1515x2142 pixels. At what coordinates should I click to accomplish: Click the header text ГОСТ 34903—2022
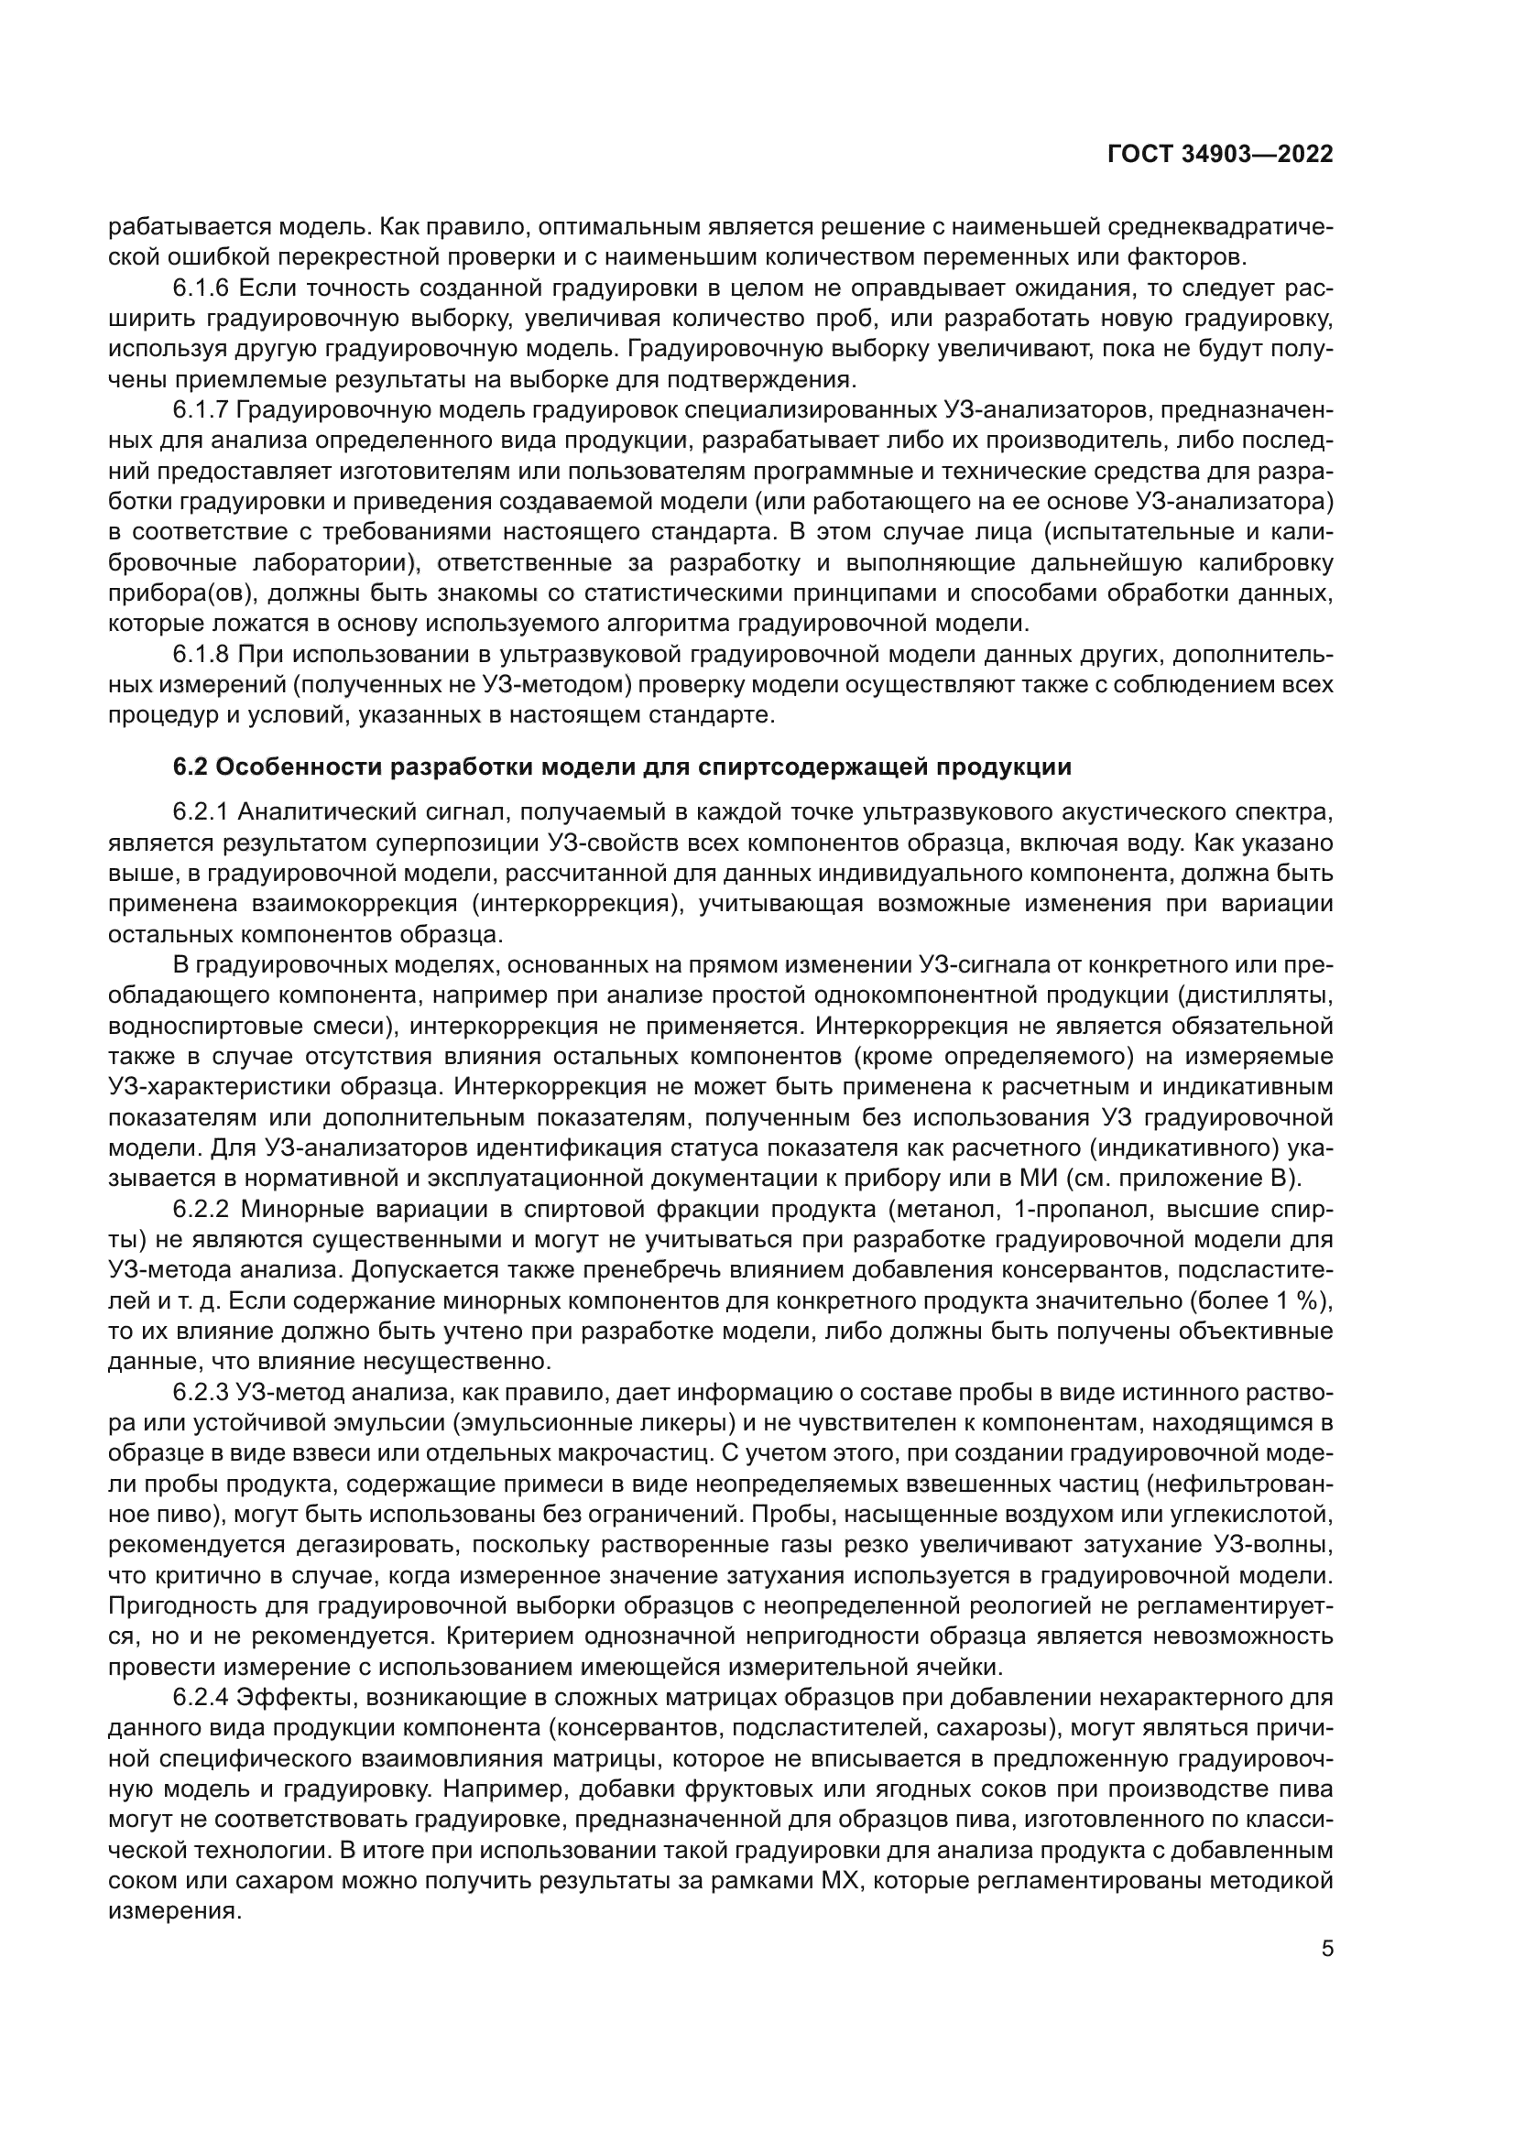1220,155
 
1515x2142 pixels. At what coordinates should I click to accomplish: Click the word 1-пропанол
1068,1210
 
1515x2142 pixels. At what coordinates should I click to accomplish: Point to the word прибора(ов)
171,594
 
